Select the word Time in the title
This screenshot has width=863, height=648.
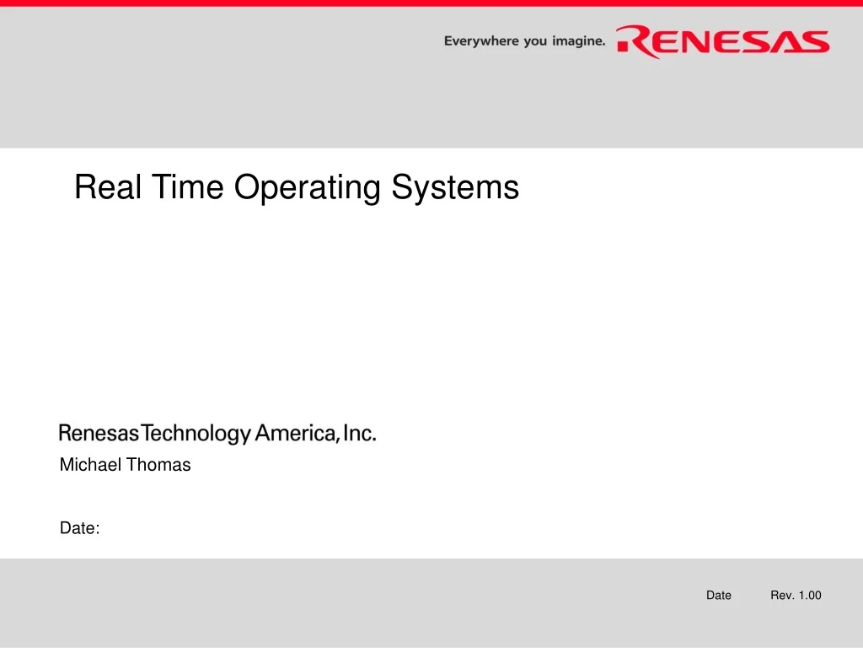coord(187,186)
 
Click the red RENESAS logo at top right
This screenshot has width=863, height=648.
coord(723,41)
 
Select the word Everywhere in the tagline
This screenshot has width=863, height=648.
coord(480,40)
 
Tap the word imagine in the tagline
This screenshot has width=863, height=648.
coord(577,40)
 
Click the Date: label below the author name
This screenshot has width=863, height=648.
coord(80,529)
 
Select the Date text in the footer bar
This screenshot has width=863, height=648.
coord(719,596)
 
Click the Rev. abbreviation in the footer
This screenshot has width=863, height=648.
coord(782,596)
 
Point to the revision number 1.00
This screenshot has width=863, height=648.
coord(810,596)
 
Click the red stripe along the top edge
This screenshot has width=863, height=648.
coord(431,3)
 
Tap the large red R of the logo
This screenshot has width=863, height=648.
coord(634,41)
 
